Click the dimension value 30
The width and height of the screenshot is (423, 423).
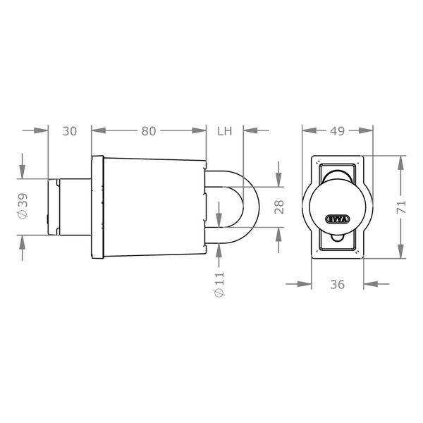pyautogui.click(x=70, y=130)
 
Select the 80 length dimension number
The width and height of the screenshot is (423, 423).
pyautogui.click(x=149, y=130)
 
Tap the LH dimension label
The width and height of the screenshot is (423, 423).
pyautogui.click(x=225, y=130)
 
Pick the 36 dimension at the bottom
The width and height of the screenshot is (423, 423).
pyautogui.click(x=337, y=284)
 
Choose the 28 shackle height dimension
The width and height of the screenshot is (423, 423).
pyautogui.click(x=278, y=206)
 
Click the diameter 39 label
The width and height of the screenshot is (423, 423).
pyautogui.click(x=24, y=207)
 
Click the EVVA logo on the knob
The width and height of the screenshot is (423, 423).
pyautogui.click(x=337, y=219)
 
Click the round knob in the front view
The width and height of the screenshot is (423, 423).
pyautogui.click(x=337, y=204)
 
